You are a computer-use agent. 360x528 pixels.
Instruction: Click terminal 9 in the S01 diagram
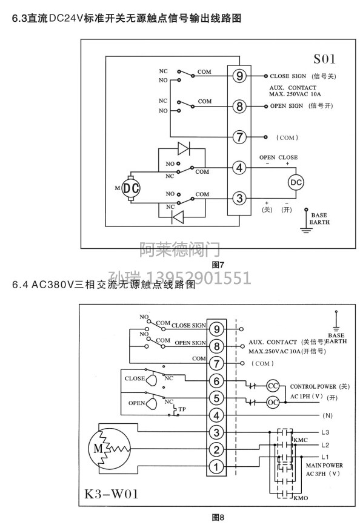[x=239, y=76]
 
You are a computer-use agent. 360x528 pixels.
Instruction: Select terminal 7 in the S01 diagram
[x=239, y=137]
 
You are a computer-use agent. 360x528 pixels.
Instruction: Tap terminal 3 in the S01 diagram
[x=239, y=198]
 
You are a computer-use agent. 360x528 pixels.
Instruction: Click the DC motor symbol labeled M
[x=131, y=188]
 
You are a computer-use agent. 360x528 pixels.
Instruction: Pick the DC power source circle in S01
[x=296, y=182]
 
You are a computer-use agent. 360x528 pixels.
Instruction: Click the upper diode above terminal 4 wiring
[x=184, y=148]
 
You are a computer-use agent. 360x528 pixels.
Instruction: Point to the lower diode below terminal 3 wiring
[x=178, y=217]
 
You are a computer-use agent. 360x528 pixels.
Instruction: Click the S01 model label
[x=324, y=59]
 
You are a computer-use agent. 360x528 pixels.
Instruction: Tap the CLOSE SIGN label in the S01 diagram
[x=288, y=76]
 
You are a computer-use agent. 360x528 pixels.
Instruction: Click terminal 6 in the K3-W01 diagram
[x=216, y=381]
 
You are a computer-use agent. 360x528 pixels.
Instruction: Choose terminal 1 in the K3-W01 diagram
[x=216, y=467]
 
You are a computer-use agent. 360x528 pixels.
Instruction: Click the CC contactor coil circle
[x=273, y=386]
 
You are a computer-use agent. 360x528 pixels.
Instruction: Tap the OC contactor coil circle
[x=273, y=402]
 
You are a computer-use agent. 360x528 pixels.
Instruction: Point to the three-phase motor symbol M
[x=109, y=449]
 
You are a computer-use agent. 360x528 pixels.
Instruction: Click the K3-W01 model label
[x=112, y=494]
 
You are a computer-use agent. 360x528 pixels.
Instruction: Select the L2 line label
[x=325, y=445]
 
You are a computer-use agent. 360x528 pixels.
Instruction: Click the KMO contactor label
[x=301, y=498]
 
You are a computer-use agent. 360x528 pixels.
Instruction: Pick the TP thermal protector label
[x=182, y=409]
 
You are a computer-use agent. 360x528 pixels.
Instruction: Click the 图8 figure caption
[x=218, y=518]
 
